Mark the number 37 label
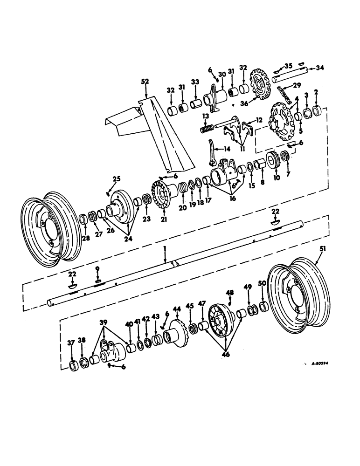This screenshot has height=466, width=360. click(71, 343)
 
